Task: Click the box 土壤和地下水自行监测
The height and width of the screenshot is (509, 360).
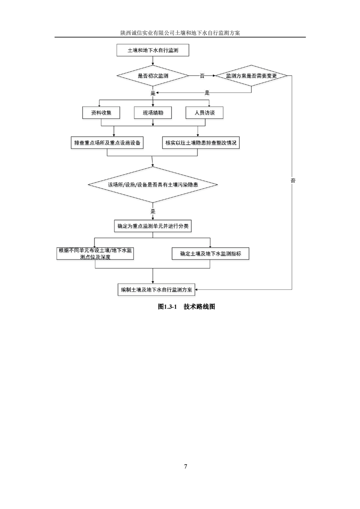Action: point(153,50)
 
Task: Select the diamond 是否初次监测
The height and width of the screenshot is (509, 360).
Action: point(153,76)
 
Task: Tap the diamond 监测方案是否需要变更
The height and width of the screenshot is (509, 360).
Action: point(251,76)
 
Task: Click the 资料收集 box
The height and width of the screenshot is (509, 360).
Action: point(101,113)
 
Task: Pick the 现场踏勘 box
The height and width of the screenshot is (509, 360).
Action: point(153,113)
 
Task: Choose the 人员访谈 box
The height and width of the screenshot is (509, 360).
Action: point(205,113)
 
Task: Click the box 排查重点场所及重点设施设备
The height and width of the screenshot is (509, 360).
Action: point(107,142)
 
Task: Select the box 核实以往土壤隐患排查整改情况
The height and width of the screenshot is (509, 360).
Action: point(201,142)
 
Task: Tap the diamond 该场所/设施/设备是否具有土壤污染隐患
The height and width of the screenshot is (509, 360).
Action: point(153,185)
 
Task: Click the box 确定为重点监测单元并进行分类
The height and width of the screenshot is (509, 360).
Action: point(153,226)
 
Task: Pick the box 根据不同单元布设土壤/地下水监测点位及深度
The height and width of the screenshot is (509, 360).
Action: point(95,254)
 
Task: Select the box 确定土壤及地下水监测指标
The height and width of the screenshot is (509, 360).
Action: point(211,254)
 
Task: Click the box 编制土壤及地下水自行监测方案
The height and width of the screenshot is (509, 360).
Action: point(156,289)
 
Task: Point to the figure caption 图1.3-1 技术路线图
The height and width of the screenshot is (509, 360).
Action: point(187,307)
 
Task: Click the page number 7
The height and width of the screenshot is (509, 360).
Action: point(186,466)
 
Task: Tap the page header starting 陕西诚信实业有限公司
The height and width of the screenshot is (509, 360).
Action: point(180,33)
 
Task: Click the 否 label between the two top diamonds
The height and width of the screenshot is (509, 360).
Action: point(202,76)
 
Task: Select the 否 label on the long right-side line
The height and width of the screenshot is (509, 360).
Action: point(293,181)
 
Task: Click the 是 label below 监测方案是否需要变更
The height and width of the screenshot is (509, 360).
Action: point(207,93)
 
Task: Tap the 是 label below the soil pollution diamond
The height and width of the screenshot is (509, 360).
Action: point(153,211)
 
